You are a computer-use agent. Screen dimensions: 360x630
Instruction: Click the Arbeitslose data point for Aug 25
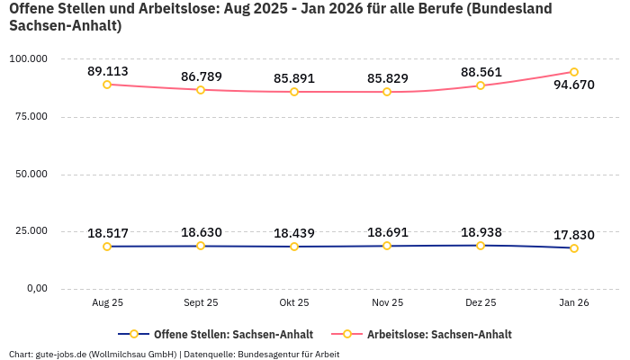click(x=107, y=85)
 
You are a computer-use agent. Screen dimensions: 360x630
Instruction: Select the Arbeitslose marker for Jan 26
click(x=574, y=72)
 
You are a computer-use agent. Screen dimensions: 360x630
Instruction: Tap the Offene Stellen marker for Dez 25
click(x=481, y=246)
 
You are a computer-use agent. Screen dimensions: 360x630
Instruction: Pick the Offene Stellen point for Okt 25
click(x=294, y=247)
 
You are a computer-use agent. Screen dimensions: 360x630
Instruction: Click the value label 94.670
click(x=574, y=85)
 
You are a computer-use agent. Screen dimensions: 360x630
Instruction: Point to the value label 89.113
click(x=107, y=71)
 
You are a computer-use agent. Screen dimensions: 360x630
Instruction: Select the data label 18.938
click(x=481, y=232)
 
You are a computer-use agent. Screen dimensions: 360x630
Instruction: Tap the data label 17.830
click(x=574, y=235)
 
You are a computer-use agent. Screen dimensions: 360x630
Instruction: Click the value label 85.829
click(x=388, y=78)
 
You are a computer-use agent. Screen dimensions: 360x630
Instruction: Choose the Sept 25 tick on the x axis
click(x=201, y=303)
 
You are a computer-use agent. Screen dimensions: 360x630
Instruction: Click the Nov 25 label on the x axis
click(x=388, y=303)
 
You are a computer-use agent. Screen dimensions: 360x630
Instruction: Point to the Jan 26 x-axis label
click(x=574, y=303)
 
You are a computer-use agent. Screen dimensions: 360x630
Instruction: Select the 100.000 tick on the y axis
click(x=28, y=58)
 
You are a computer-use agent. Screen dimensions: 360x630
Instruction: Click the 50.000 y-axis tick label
click(x=31, y=174)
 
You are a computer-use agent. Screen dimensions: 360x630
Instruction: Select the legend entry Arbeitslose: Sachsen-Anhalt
click(x=439, y=334)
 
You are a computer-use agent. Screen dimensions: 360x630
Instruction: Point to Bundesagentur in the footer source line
click(x=270, y=354)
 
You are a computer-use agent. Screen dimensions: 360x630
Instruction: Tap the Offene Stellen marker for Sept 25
click(x=201, y=246)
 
